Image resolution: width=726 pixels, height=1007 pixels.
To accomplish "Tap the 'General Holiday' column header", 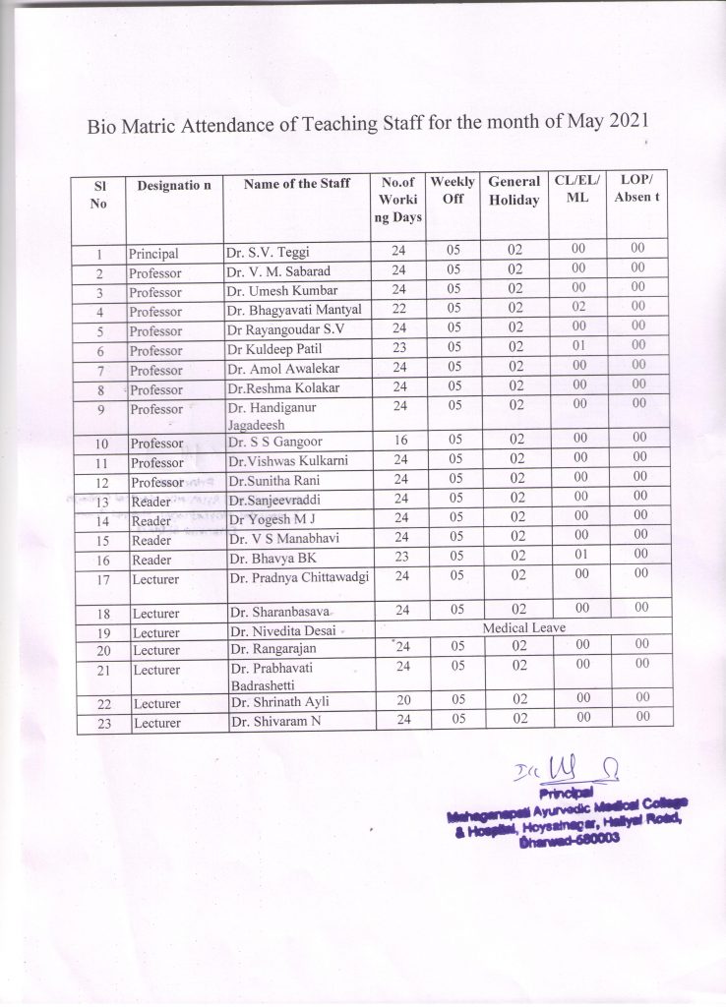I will click(514, 191).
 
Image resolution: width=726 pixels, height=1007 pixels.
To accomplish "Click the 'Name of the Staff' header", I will click(296, 183).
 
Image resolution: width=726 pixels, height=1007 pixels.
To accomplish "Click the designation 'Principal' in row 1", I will click(153, 253).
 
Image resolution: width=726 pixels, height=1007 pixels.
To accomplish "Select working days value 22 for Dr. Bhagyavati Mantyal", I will click(398, 310).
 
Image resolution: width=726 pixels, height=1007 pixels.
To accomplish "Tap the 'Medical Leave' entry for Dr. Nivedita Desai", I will click(523, 626).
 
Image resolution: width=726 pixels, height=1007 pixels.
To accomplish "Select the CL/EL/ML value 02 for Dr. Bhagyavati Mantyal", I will click(578, 309).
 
